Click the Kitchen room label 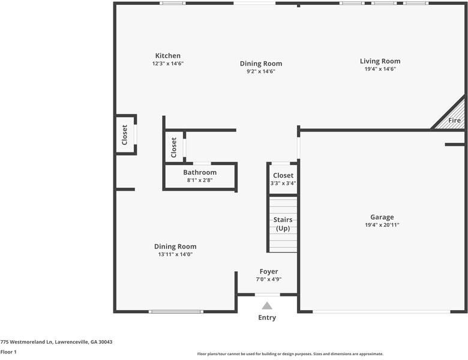(168, 56)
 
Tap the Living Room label (380, 61)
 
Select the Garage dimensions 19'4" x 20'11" (382, 225)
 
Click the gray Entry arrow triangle (267, 305)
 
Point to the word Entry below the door (267, 317)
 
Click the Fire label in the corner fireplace (454, 120)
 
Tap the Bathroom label (200, 173)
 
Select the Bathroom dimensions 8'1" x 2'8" (200, 180)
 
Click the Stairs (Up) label (283, 224)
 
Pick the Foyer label (269, 272)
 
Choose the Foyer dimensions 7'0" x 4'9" (269, 280)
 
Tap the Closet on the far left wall (124, 135)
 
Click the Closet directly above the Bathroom (174, 148)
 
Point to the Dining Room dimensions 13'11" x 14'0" (175, 254)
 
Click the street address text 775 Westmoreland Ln (26, 342)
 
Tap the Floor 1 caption (8, 352)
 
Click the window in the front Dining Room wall (176, 311)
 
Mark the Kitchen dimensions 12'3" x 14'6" (168, 64)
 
